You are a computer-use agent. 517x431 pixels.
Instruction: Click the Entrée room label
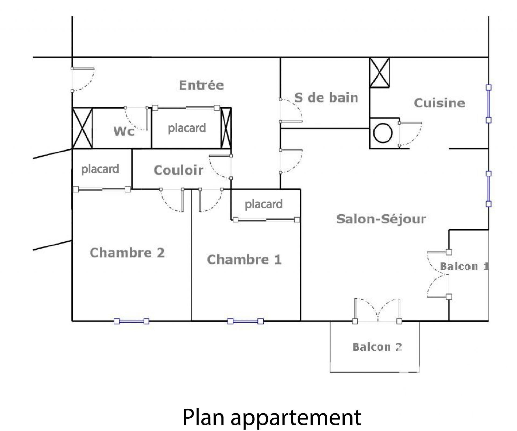tap(201, 85)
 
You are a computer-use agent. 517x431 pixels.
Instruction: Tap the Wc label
tap(124, 131)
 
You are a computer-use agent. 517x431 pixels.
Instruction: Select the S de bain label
tap(326, 97)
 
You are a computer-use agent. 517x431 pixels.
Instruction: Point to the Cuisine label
tap(439, 103)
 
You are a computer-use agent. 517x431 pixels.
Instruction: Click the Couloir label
tap(178, 170)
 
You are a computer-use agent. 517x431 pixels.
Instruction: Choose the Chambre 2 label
tap(127, 253)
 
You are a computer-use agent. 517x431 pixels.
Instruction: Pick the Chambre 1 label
tap(244, 260)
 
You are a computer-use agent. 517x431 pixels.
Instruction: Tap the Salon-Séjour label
tap(381, 219)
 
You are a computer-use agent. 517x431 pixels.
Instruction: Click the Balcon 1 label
tap(464, 266)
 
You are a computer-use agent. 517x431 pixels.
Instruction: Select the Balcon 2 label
tap(378, 347)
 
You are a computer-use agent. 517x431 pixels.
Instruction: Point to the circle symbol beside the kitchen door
tap(383, 133)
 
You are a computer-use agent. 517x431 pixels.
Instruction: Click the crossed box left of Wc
tap(82, 128)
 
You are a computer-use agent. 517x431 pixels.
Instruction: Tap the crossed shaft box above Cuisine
tap(379, 72)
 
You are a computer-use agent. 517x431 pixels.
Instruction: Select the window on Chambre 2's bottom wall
tap(131, 321)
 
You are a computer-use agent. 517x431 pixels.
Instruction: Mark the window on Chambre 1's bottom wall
tap(245, 321)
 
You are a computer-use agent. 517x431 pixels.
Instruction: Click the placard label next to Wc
tap(187, 128)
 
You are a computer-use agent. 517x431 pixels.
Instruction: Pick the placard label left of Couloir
tap(100, 169)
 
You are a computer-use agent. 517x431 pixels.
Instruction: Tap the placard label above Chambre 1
tap(264, 204)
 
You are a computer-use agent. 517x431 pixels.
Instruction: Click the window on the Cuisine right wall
tap(488, 104)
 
